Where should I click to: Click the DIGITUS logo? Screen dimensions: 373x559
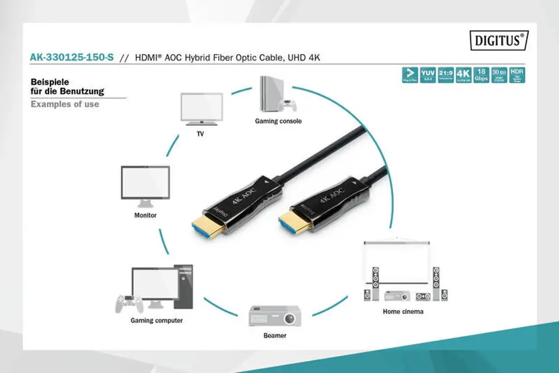[498, 40]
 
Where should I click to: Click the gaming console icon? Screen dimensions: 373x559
[275, 96]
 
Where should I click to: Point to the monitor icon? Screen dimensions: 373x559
[145, 185]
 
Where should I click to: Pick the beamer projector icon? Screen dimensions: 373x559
[275, 315]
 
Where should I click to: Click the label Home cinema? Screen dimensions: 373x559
[403, 311]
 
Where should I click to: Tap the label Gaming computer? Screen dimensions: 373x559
[157, 321]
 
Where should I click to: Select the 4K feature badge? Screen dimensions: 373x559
[463, 75]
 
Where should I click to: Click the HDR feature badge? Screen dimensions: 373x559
[516, 75]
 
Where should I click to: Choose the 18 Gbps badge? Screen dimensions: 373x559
[481, 75]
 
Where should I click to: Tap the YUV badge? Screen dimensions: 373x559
[427, 75]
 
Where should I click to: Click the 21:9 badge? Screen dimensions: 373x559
[445, 75]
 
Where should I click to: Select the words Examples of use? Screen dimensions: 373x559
[65, 104]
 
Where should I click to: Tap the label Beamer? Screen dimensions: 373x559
[275, 336]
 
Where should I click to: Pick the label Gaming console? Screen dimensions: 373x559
[278, 121]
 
